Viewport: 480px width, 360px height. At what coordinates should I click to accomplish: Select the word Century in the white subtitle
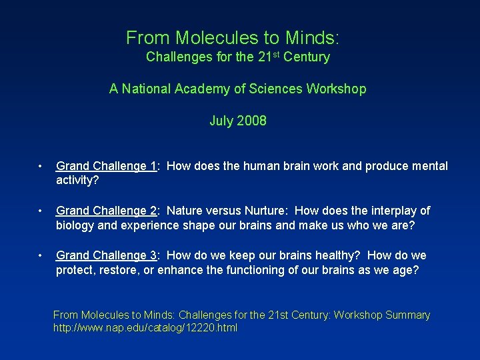point(306,57)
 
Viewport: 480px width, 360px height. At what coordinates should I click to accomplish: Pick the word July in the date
point(221,121)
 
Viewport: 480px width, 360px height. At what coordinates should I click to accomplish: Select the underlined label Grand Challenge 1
point(106,166)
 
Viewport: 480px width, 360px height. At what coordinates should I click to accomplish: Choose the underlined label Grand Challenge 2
point(106,211)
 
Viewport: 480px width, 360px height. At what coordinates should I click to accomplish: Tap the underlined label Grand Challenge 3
point(106,255)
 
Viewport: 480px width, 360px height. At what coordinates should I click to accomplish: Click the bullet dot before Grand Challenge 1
point(41,167)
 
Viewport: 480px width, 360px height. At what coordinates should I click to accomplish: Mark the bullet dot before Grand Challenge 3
point(41,256)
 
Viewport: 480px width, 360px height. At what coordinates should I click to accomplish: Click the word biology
point(75,225)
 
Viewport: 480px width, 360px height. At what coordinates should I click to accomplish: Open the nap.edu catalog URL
point(145,328)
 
